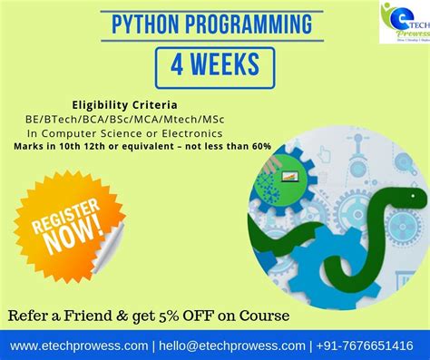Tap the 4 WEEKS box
pyautogui.click(x=213, y=63)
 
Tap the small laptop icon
pyautogui.click(x=289, y=175)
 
